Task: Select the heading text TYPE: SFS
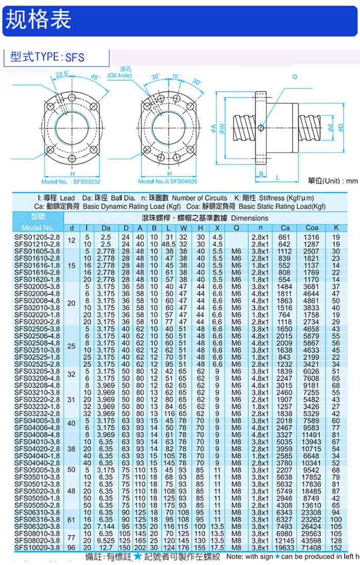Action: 60,57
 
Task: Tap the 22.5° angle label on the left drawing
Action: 62,74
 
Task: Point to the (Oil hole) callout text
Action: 119,76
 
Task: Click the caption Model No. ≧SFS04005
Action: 168,181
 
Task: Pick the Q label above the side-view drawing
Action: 295,77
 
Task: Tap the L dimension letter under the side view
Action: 277,177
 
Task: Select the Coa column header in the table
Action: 312,228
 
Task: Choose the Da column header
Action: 106,228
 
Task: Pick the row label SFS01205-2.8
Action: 37,237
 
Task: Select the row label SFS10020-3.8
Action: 37,548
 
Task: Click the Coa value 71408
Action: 312,548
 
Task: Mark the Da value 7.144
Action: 106,526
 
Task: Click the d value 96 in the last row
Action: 71,548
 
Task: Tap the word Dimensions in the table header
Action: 246,218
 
